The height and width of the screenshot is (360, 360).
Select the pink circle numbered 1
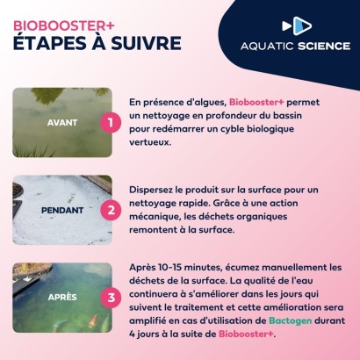pyautogui.click(x=109, y=122)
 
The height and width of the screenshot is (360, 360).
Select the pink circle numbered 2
pyautogui.click(x=109, y=211)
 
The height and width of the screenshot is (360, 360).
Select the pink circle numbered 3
pyautogui.click(x=109, y=297)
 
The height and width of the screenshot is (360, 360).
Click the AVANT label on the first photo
pyautogui.click(x=61, y=122)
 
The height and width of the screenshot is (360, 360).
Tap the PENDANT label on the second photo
pyautogui.click(x=61, y=211)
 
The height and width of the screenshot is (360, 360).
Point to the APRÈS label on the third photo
pyautogui.click(x=61, y=297)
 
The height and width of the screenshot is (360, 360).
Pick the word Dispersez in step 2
pyautogui.click(x=155, y=189)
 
